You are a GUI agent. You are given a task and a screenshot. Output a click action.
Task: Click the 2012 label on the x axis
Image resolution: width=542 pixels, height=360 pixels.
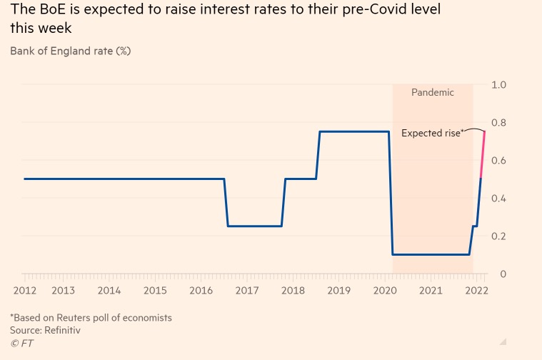click(24, 291)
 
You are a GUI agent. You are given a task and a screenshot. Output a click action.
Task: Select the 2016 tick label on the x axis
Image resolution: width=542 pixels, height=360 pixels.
click(201, 291)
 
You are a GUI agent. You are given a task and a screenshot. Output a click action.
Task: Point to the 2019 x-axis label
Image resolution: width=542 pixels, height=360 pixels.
click(338, 291)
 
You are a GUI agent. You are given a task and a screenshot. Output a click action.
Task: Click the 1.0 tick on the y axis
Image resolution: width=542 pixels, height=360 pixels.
click(499, 85)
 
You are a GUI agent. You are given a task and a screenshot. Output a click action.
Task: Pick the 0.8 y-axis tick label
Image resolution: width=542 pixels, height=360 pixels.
click(499, 123)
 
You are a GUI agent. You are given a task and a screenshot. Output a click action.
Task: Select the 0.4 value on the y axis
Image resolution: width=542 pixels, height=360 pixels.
click(499, 199)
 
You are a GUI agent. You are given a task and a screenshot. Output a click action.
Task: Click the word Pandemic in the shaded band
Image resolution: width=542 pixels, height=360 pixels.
click(432, 93)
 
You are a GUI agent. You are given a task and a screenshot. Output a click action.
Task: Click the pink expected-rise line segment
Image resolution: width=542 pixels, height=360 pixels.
click(483, 154)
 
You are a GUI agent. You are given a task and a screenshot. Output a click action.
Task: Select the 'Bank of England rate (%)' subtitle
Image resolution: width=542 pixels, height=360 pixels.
click(70, 51)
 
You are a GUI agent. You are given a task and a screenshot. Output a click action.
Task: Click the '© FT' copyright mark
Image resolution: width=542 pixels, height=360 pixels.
click(21, 344)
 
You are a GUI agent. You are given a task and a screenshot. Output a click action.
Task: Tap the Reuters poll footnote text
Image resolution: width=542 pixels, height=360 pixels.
click(91, 317)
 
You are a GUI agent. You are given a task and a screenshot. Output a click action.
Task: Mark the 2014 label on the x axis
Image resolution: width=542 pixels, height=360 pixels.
click(109, 291)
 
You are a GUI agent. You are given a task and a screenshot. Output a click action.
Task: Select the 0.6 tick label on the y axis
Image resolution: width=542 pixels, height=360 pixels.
click(499, 161)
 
